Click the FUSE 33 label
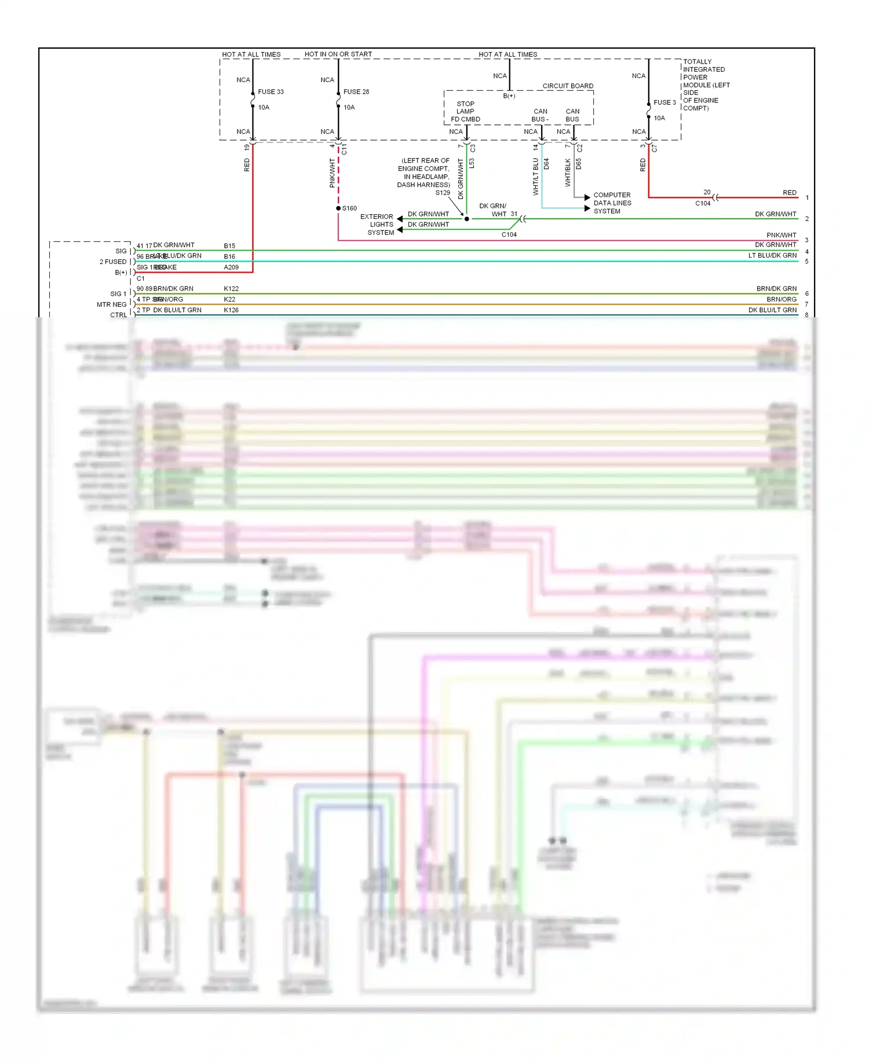point(271,92)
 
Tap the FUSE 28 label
point(356,92)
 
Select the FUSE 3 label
point(664,102)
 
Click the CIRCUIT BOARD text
point(567,86)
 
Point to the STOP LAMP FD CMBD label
point(465,112)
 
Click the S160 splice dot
point(338,208)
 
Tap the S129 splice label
point(443,193)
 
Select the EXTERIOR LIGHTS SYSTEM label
point(377,225)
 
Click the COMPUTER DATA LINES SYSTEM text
point(612,203)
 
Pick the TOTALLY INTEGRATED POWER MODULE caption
point(706,85)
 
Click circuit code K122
point(231,289)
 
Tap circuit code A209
point(231,267)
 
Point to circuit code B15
point(229,246)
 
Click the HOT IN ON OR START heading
point(338,54)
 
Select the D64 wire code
point(546,164)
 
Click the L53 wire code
point(472,164)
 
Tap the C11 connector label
point(344,150)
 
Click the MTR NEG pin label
point(111,304)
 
